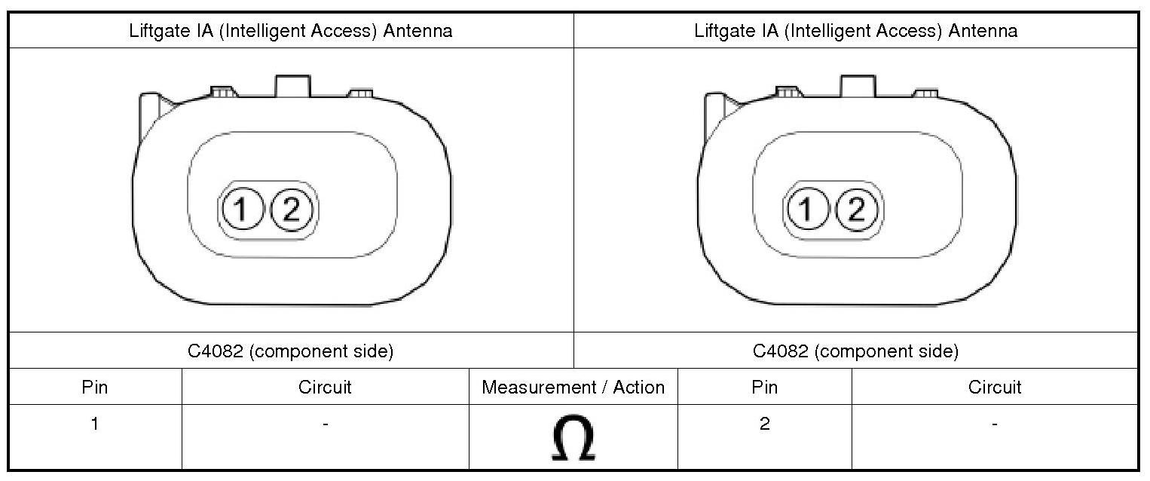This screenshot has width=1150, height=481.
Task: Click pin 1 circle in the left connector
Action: click(x=241, y=210)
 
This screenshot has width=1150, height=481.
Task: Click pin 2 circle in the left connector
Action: click(x=291, y=210)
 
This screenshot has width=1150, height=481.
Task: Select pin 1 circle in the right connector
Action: click(x=806, y=210)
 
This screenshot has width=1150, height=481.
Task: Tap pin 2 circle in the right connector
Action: click(x=856, y=210)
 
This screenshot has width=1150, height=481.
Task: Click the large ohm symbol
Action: click(x=573, y=438)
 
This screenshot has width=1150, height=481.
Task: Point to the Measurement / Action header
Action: click(x=573, y=387)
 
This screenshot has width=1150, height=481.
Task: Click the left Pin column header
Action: click(x=95, y=387)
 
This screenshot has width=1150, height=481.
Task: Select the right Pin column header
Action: click(x=764, y=387)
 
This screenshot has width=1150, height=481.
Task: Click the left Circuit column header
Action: click(x=325, y=387)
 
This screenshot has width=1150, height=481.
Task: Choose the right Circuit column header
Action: click(x=995, y=387)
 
